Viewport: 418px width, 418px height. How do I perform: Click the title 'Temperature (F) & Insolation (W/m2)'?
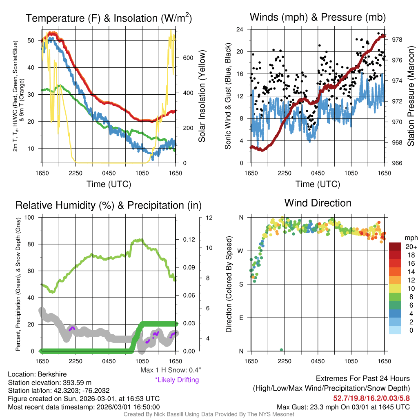point(109,18)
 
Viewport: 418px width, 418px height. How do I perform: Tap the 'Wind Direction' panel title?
point(318,203)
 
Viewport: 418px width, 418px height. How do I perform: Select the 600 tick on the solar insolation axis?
point(187,58)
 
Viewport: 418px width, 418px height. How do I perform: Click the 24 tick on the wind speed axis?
point(240,29)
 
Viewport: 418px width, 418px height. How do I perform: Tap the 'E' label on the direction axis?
point(242,318)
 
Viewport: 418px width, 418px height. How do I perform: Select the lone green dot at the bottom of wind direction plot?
point(281,350)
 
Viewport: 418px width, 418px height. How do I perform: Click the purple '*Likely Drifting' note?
point(177,380)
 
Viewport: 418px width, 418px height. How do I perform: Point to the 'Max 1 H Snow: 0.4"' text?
point(170,370)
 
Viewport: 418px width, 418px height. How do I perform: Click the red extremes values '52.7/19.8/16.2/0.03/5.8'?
point(371,398)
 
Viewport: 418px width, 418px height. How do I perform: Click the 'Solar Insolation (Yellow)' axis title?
point(202,96)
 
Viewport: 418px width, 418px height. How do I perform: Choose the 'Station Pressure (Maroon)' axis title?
point(411,96)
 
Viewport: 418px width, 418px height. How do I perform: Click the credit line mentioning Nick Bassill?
point(209,414)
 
